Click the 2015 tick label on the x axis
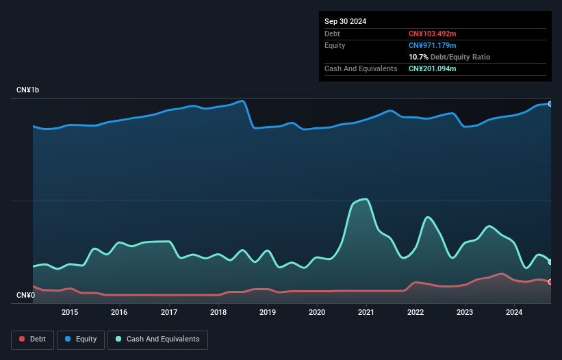pyautogui.click(x=70, y=313)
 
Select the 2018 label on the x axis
pyautogui.click(x=218, y=313)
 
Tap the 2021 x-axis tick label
pyautogui.click(x=366, y=313)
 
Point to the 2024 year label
pyautogui.click(x=514, y=313)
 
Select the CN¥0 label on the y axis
pyautogui.click(x=25, y=296)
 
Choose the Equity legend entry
pyautogui.click(x=81, y=339)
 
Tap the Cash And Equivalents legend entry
pyautogui.click(x=157, y=339)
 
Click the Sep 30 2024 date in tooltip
pyautogui.click(x=345, y=21)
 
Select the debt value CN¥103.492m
pyautogui.click(x=432, y=34)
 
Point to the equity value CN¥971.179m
pyautogui.click(x=432, y=45)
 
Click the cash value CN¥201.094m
pyautogui.click(x=432, y=68)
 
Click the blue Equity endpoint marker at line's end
pyautogui.click(x=550, y=104)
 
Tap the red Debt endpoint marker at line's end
pyautogui.click(x=550, y=282)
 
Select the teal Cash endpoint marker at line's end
pyautogui.click(x=550, y=262)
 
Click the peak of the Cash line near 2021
pyautogui.click(x=367, y=199)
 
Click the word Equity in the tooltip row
pyautogui.click(x=335, y=45)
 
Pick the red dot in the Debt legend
pyautogui.click(x=23, y=339)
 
